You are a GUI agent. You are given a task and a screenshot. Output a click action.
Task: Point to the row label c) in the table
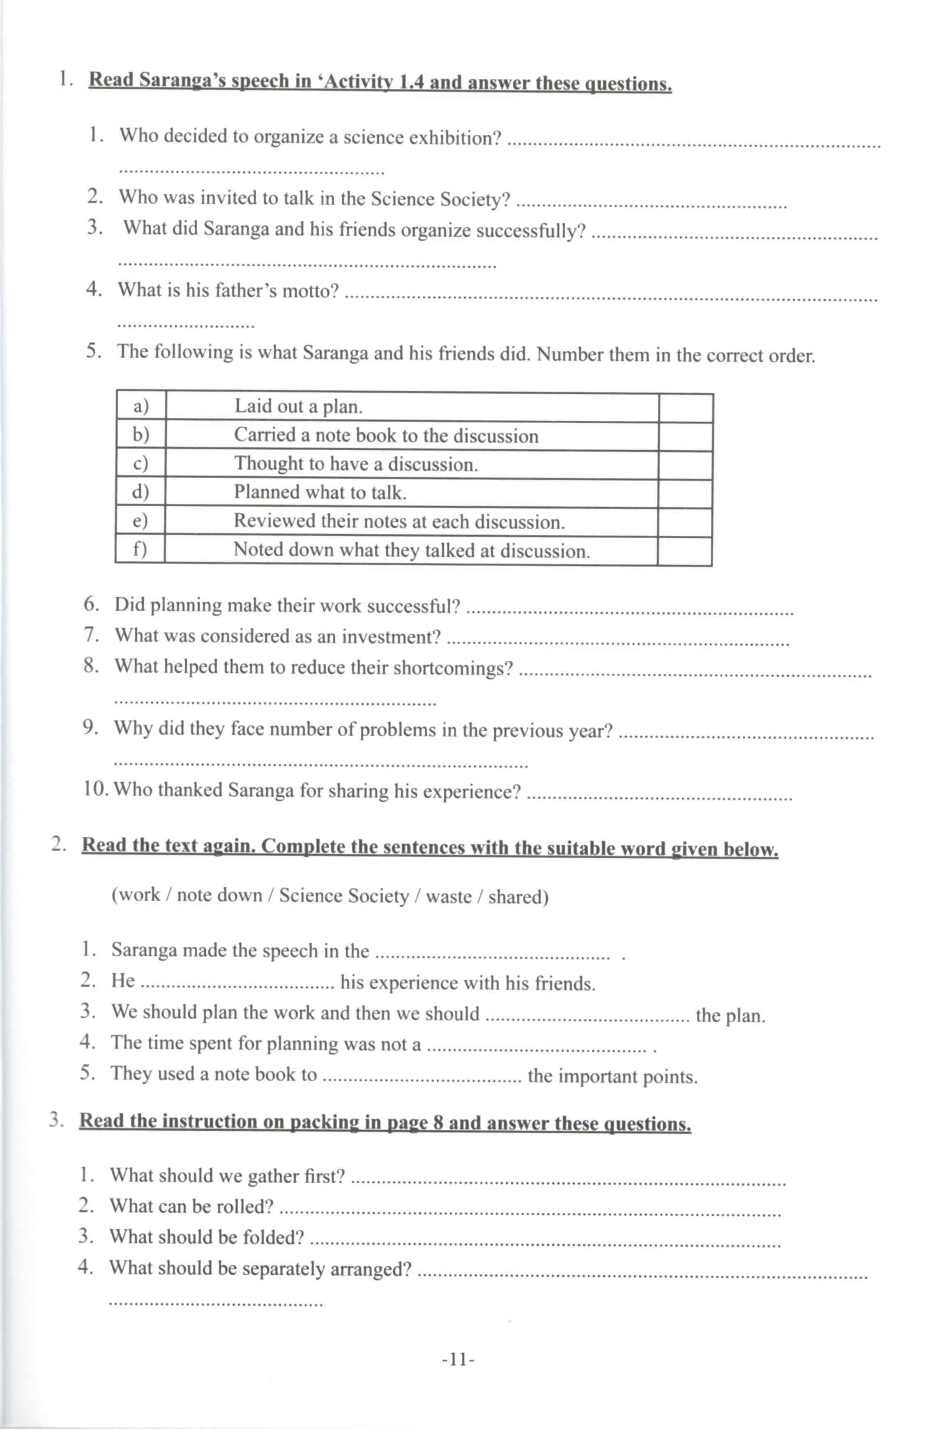coord(141,463)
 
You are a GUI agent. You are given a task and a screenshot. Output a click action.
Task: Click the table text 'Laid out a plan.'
coord(298,406)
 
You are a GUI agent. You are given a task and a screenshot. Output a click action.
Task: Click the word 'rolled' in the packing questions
coord(244,1206)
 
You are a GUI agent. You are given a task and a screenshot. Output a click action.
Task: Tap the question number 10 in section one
coord(95,789)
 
